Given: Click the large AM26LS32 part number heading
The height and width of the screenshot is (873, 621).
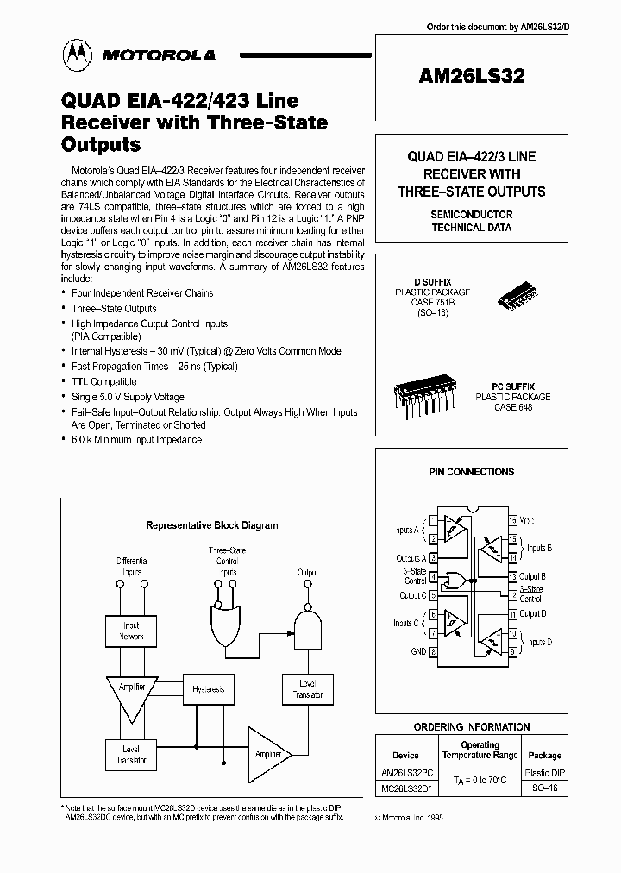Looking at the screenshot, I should pos(470,76).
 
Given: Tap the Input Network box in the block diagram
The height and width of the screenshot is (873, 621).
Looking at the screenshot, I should pos(131,631).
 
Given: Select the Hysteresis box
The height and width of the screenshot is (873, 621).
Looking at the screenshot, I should pos(209,689).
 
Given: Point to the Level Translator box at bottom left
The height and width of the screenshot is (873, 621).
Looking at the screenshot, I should pos(131,756).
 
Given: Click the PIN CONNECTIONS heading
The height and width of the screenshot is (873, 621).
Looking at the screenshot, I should pos(471,472).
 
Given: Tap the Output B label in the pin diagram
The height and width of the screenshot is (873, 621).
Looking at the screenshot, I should pos(531,576).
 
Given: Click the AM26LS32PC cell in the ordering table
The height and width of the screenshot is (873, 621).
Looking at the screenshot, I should pos(405,774).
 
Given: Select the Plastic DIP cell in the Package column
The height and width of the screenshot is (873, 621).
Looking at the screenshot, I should pos(544,774).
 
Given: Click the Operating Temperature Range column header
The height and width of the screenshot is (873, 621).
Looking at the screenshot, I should pos(480,750).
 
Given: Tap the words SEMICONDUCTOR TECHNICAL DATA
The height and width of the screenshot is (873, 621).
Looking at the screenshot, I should pos(471,221).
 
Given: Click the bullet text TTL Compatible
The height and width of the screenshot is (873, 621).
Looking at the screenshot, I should pos(103,381).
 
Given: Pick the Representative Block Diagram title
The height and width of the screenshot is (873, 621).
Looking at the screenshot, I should pos(211,524).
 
